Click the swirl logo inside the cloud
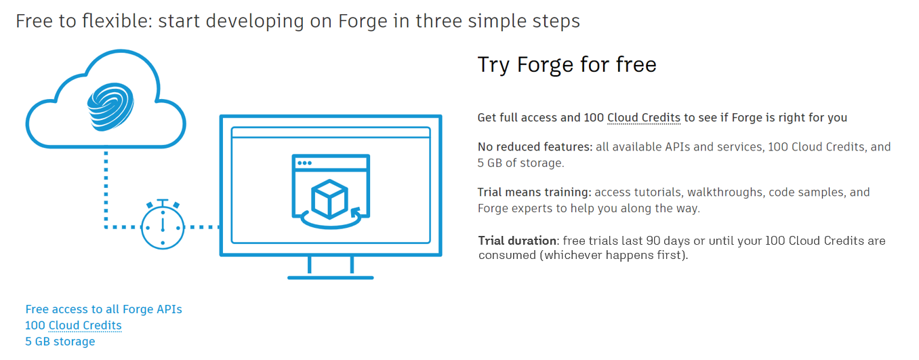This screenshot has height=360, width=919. [x=110, y=106]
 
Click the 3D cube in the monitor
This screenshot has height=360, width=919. [x=329, y=199]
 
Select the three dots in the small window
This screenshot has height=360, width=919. [x=304, y=163]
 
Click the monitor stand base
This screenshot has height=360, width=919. [x=330, y=277]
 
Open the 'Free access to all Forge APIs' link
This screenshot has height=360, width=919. [x=104, y=309]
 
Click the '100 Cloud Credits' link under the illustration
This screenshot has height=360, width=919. [x=73, y=325]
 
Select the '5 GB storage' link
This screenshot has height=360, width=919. [x=60, y=341]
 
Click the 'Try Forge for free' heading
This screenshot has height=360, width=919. [x=567, y=65]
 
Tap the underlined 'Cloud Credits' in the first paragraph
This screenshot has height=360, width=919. [x=644, y=118]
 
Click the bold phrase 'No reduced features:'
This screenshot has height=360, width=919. [x=535, y=146]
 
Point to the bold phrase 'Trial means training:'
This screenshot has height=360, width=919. [x=534, y=192]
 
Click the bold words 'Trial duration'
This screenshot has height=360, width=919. [x=517, y=241]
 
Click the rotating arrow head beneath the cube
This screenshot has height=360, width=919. [x=355, y=213]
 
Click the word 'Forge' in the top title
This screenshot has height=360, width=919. [x=363, y=21]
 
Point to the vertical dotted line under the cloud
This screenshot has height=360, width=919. [x=106, y=189]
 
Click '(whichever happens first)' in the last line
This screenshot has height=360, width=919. [x=613, y=255]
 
